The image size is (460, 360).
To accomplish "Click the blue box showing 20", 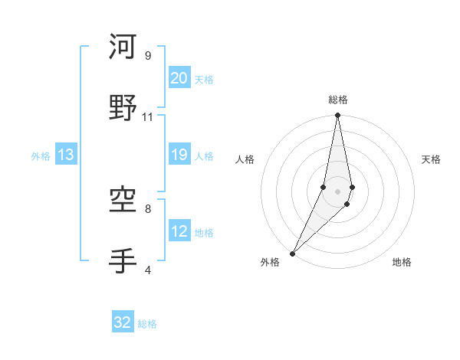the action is click(179, 78).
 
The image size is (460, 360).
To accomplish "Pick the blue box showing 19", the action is click(179, 155).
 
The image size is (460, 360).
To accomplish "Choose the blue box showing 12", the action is click(179, 231).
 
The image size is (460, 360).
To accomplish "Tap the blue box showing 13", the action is click(65, 155).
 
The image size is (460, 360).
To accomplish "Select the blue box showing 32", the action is click(123, 323).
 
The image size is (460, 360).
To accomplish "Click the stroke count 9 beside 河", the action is click(148, 55).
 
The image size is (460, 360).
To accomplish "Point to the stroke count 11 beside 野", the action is click(148, 116).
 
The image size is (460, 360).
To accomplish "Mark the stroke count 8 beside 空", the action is click(148, 208).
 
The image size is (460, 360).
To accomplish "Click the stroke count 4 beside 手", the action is click(148, 270).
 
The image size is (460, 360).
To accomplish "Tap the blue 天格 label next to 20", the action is click(204, 80).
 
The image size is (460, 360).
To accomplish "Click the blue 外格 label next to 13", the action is click(41, 156).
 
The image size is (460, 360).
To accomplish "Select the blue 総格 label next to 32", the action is click(147, 325).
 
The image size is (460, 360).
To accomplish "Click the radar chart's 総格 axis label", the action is click(338, 100).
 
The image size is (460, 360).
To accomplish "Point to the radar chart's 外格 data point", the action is click(292, 253).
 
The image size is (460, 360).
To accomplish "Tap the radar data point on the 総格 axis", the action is click(338, 116).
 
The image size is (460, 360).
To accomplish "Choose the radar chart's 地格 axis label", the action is click(402, 263).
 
